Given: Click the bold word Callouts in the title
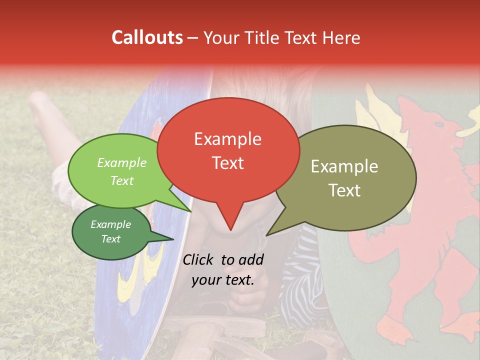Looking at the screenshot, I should (147, 37).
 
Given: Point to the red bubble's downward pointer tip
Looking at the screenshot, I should (230, 230).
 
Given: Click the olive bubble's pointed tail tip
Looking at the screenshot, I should (266, 235).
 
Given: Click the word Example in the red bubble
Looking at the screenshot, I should (227, 139).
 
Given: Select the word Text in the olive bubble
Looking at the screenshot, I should (344, 190).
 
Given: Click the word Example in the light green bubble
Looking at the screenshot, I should (122, 163).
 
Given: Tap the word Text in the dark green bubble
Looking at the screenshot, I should (111, 239).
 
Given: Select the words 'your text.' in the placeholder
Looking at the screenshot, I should (223, 280).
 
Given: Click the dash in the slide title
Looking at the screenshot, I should (193, 38).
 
